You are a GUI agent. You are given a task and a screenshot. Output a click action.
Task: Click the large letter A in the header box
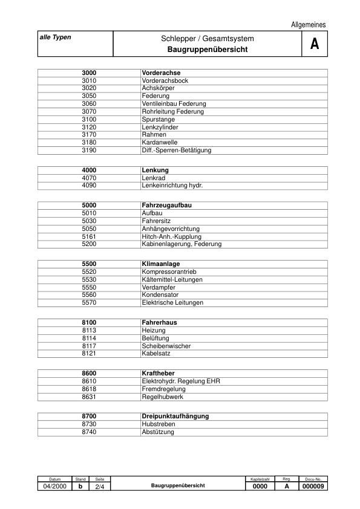coord(314,44)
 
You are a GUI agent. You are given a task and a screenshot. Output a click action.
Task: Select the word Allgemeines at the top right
coord(308,25)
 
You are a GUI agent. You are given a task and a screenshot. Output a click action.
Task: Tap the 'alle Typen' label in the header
coord(55,37)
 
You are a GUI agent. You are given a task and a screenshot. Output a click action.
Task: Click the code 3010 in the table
coord(89,80)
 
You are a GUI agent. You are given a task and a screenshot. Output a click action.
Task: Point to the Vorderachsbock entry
coord(165,80)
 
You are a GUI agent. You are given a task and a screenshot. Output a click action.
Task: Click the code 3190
coord(89,150)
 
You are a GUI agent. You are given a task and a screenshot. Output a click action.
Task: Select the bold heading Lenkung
coord(155,170)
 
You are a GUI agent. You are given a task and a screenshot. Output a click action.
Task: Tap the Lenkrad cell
coord(153,178)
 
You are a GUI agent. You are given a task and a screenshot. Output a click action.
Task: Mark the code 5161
coord(89,237)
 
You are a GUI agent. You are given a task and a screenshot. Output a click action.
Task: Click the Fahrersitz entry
coord(157,221)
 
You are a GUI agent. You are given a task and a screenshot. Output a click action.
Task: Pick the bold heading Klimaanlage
coord(160,264)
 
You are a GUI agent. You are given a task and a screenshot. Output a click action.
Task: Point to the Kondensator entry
coord(162,295)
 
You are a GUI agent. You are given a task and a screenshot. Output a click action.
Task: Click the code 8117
coord(89,346)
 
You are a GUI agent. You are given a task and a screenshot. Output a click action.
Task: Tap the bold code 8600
coord(89,374)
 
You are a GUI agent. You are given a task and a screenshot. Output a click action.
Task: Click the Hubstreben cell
coord(158,424)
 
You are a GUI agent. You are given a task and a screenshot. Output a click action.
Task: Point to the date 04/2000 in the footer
coord(55,486)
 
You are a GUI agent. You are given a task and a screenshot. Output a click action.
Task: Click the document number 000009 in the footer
coord(313,486)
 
